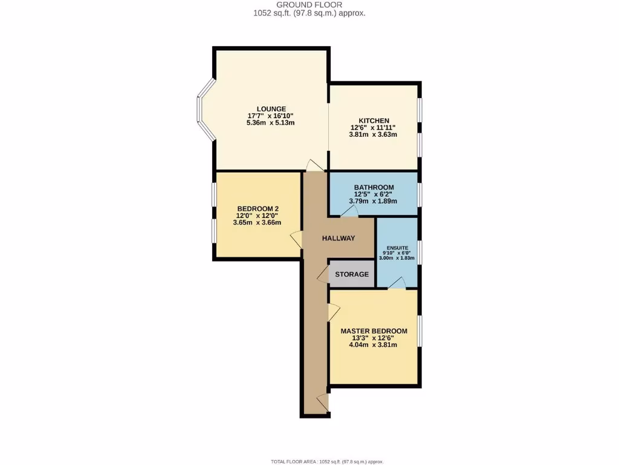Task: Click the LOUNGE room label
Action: tap(270, 109)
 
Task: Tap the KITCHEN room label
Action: tap(374, 120)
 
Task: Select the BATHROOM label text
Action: tap(374, 188)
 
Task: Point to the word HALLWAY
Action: tap(339, 239)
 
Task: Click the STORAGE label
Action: tap(352, 274)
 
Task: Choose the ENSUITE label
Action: tap(397, 248)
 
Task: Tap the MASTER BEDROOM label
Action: tap(374, 331)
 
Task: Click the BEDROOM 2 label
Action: tap(257, 208)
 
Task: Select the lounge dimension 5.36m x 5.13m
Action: tap(270, 123)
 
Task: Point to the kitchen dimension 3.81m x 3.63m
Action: tap(374, 134)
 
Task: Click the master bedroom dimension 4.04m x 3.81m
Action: tap(374, 345)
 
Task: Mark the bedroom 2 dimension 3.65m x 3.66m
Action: tap(257, 222)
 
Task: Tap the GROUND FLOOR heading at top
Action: tap(309, 4)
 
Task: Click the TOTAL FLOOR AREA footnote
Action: tap(327, 461)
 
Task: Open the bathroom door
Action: tap(349, 210)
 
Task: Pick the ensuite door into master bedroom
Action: tap(397, 283)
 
